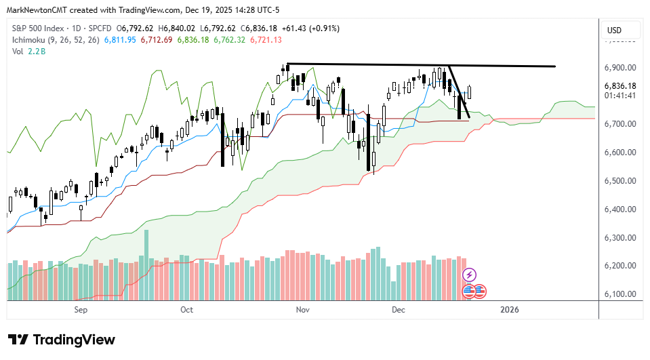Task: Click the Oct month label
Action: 187,310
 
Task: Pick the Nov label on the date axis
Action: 303,310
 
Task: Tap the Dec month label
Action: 398,310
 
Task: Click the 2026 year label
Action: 509,310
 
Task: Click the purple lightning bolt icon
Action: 469,275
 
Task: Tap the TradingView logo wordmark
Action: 62,340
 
